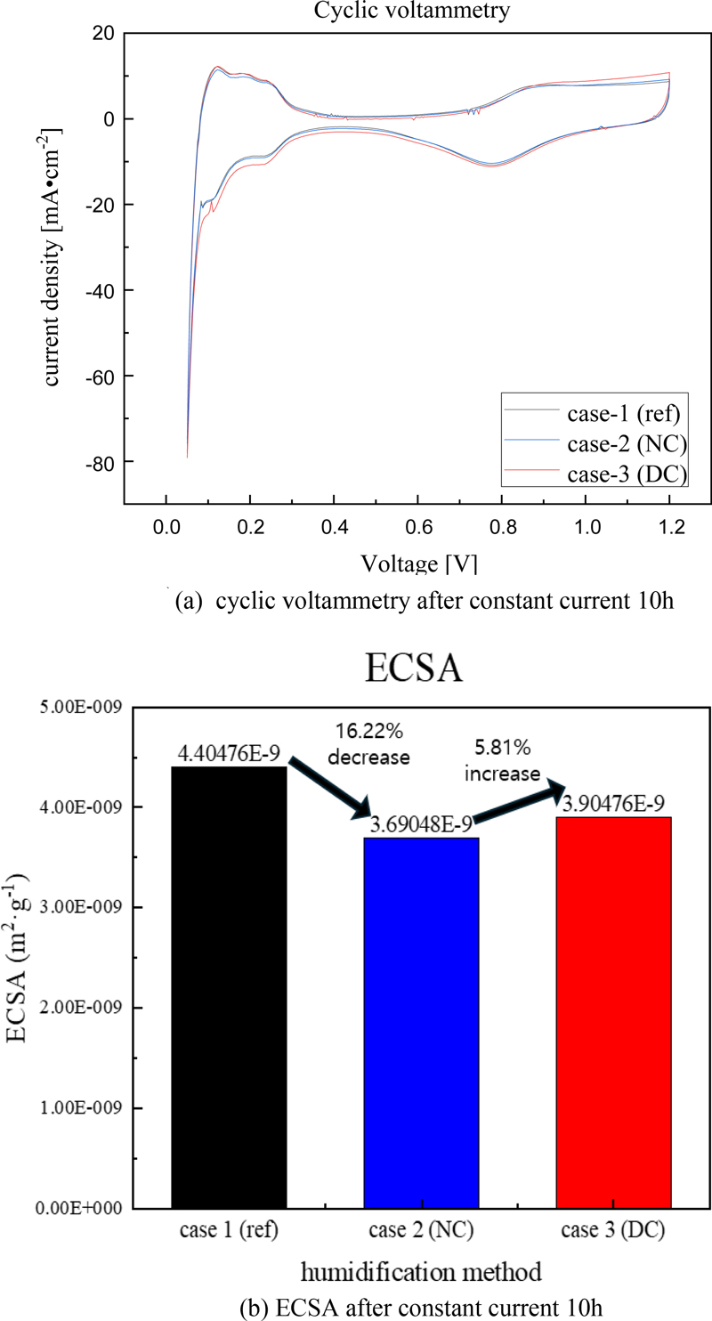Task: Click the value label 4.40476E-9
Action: coord(229,756)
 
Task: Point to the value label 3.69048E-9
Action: coord(421,827)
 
